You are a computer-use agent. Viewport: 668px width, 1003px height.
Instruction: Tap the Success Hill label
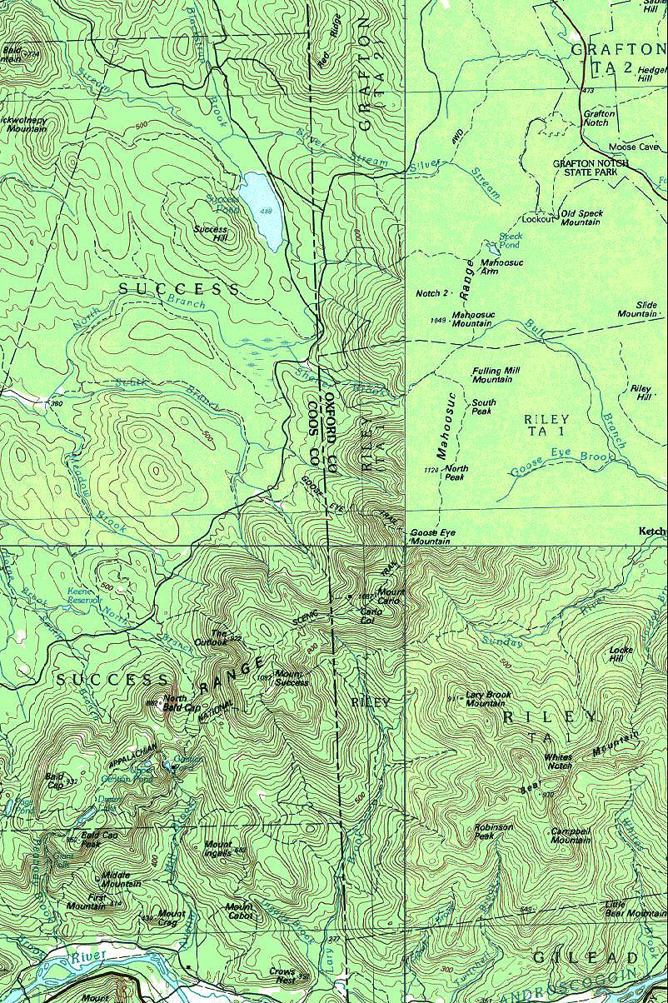point(210,234)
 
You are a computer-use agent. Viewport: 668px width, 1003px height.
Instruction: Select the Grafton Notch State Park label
point(591,168)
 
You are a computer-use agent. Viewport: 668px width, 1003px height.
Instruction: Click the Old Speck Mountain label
point(581,218)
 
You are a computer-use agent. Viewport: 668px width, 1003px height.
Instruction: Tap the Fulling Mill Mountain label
point(492,375)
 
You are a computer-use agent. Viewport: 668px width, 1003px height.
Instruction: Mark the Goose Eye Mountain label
point(431,536)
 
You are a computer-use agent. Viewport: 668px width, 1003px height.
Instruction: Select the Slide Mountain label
point(638,310)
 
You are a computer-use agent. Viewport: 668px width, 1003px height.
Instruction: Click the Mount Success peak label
point(292,678)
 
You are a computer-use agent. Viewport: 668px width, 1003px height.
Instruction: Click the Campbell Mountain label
point(572,836)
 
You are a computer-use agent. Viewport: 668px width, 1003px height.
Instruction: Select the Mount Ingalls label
point(218,849)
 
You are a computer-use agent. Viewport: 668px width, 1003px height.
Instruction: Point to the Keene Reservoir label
point(83,595)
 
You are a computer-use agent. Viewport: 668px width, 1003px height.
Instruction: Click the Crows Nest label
point(283,975)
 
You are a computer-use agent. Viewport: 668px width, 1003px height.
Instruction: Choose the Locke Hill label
point(621,653)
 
